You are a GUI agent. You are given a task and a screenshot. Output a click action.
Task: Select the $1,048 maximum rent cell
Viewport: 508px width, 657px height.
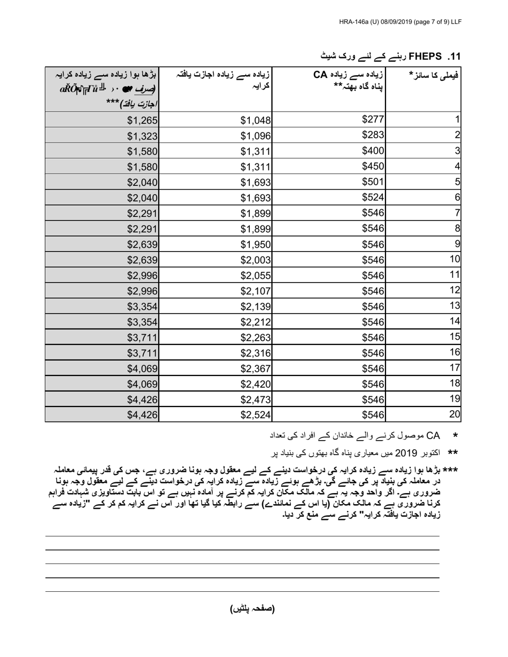coord(256,120)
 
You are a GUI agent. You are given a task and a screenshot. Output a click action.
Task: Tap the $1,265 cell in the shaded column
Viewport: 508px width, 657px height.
coord(142,120)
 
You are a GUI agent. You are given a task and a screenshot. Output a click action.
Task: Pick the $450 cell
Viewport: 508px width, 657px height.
coord(373,166)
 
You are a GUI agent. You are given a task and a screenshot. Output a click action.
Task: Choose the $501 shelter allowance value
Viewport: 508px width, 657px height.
coord(373,181)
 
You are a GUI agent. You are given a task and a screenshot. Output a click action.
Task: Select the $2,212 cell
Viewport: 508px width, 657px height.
coord(256,322)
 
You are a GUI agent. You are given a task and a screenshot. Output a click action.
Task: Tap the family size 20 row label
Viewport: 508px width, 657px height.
coord(455,413)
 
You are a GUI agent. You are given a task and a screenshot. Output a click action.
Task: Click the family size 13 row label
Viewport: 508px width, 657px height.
coord(455,306)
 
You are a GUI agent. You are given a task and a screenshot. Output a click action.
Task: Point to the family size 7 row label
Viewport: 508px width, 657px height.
coord(457,213)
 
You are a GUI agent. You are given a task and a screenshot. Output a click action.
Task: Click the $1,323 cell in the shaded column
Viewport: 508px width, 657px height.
coord(142,136)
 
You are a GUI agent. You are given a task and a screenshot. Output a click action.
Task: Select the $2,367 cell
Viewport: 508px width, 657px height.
coord(256,368)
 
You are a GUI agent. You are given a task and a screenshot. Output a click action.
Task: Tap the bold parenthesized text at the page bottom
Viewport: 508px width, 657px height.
coord(252,608)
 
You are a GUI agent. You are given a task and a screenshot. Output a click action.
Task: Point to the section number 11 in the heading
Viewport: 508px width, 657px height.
coord(454,56)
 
